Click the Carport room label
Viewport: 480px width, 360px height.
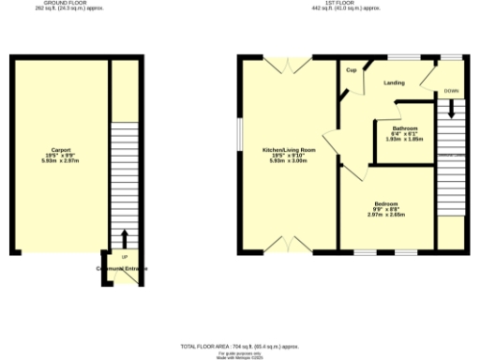[60, 149]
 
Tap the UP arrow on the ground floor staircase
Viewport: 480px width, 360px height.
[124, 237]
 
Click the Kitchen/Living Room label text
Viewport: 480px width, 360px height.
[289, 149]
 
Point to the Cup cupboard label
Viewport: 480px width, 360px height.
[352, 70]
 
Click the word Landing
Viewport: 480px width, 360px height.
[395, 82]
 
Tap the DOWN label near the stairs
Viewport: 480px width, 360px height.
[452, 92]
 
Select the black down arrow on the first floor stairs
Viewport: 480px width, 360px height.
[451, 108]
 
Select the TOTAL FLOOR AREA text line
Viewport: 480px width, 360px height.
[240, 346]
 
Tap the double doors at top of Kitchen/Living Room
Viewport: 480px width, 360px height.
[287, 63]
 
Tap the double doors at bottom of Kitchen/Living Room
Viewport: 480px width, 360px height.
[288, 247]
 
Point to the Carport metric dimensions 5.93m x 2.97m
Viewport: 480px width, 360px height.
[60, 160]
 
